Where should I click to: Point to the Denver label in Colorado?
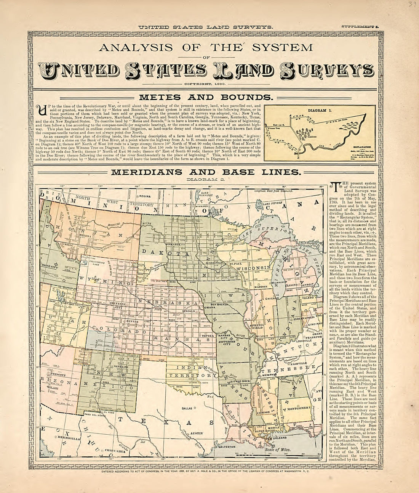132,321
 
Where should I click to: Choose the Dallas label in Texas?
187,408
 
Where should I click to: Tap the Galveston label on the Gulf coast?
227,446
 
